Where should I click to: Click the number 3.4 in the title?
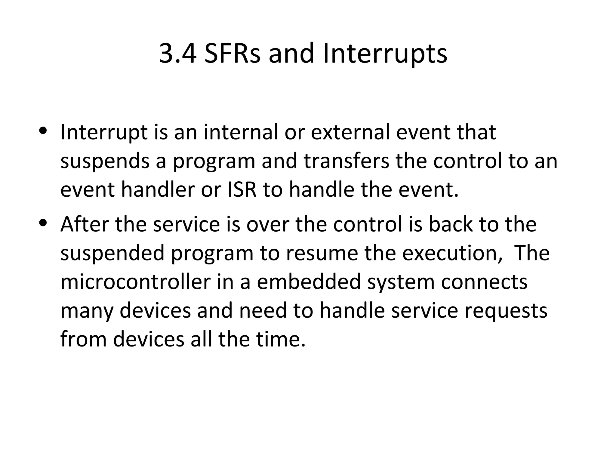coord(178,54)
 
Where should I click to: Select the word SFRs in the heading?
coord(232,54)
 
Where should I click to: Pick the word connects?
coord(484,282)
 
